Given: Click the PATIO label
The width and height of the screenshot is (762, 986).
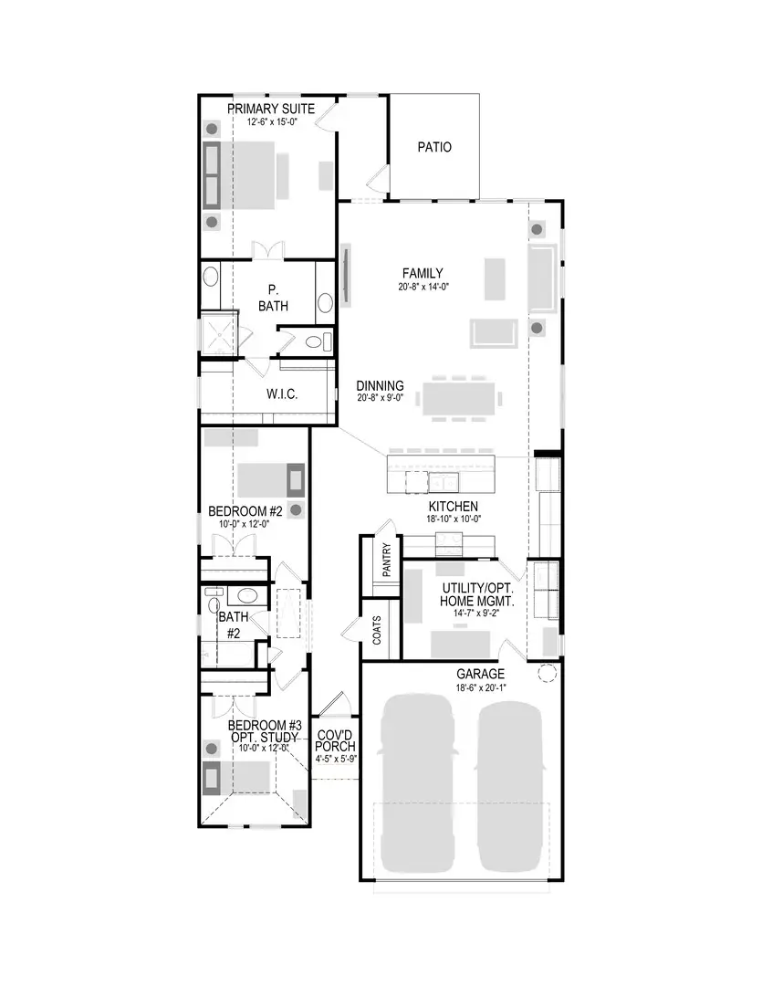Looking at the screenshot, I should (434, 147).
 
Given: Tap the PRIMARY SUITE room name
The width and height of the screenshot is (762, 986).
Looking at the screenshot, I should (271, 109).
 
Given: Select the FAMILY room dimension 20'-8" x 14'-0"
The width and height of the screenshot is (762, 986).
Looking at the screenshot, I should (423, 287).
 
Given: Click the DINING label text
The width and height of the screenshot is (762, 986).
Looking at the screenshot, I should (380, 385).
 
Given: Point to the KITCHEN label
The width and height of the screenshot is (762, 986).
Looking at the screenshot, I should (454, 506).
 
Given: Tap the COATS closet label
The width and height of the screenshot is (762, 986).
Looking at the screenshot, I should (377, 629).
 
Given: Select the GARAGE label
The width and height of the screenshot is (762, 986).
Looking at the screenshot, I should (480, 675).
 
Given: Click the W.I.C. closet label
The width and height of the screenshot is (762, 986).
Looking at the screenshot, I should (282, 394).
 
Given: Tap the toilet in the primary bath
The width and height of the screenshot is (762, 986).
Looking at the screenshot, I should (313, 342).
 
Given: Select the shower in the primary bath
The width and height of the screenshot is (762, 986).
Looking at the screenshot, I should (219, 334).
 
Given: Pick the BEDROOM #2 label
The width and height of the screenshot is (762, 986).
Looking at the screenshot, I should (245, 510).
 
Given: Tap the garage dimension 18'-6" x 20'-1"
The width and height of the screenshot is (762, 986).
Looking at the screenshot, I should (480, 687).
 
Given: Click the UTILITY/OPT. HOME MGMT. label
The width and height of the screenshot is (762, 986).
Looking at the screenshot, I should (478, 595).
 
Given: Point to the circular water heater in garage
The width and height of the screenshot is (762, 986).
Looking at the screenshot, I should (548, 673).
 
